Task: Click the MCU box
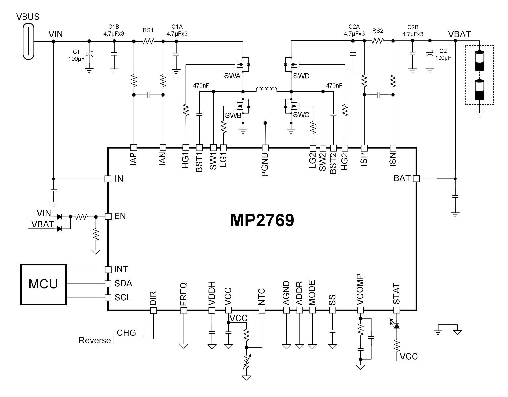[43, 284]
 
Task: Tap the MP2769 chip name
[262, 220]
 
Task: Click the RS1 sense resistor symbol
[148, 41]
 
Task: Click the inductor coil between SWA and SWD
[267, 89]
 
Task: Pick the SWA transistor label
[232, 76]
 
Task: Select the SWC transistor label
[301, 115]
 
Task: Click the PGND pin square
[265, 147]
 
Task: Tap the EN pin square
[108, 216]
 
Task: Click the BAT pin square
[416, 179]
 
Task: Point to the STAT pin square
[396, 310]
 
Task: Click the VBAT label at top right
[459, 34]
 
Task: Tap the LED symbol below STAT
[396, 326]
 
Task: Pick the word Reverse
[95, 340]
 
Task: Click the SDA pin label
[123, 284]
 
